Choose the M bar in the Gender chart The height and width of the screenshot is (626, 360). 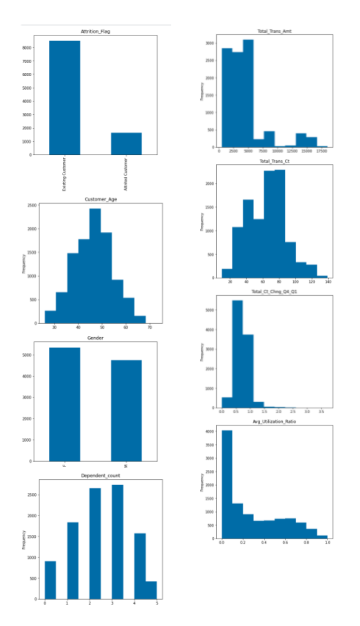[x=126, y=410]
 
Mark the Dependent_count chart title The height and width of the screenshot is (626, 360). [x=100, y=476]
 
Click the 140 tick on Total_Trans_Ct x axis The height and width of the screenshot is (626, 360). [x=327, y=282]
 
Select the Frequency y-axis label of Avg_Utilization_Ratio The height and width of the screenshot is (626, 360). [x=202, y=482]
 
